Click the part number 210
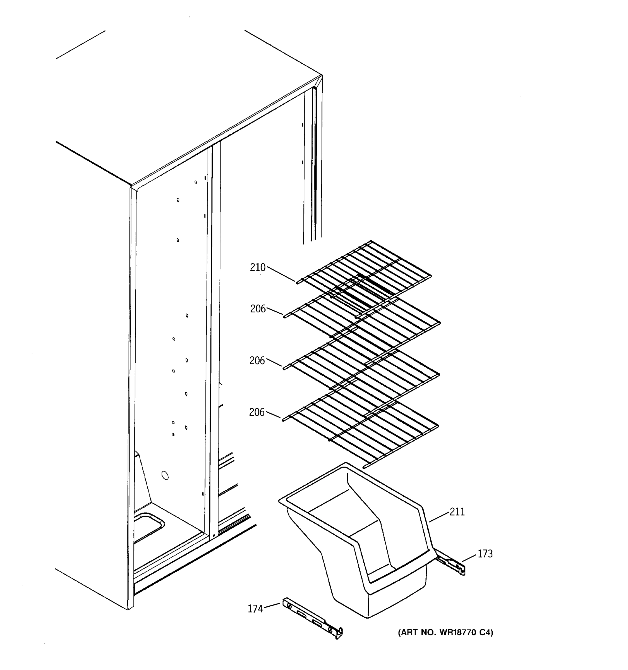[257, 268]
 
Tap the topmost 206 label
[258, 309]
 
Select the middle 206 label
[257, 361]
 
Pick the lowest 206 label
[257, 412]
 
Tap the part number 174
[255, 609]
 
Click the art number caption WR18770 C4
[445, 633]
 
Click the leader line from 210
[281, 274]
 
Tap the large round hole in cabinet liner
[165, 475]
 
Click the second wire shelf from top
[362, 320]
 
